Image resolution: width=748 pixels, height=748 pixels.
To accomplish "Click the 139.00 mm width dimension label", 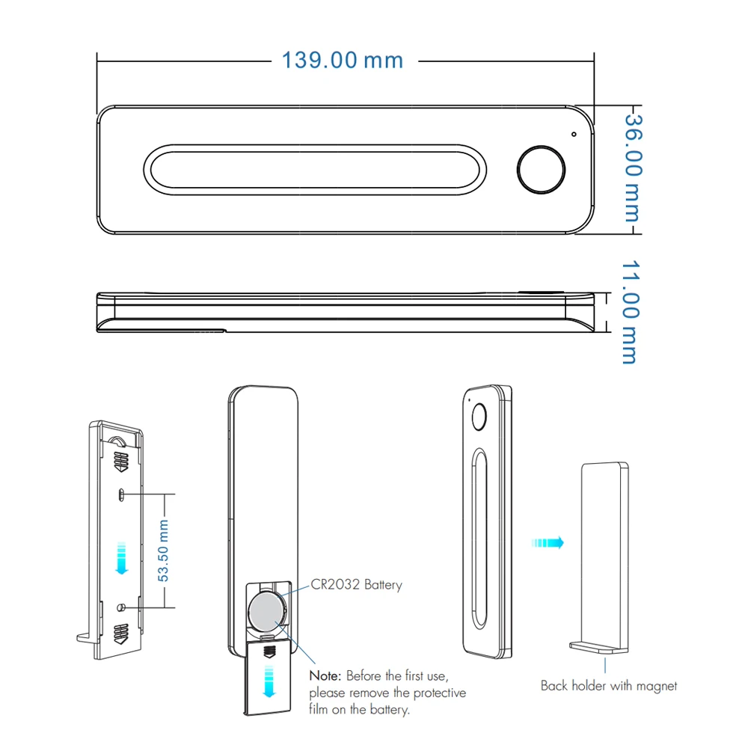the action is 342,60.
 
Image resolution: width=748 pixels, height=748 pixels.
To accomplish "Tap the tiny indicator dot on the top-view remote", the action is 574,135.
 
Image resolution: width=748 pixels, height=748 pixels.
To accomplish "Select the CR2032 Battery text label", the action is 356,584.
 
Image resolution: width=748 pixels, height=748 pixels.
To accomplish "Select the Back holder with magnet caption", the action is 608,685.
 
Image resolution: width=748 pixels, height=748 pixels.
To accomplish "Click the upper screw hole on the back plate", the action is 121,494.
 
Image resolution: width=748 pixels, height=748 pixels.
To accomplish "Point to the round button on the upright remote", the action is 479,417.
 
